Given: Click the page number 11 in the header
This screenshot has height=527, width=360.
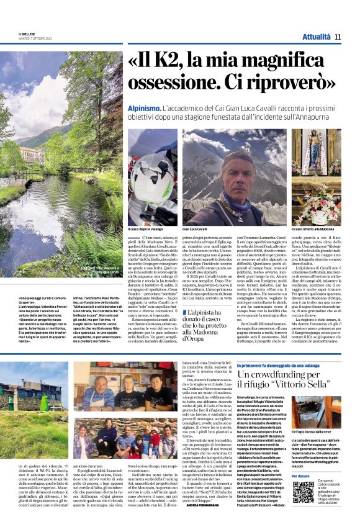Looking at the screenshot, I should click(338, 37).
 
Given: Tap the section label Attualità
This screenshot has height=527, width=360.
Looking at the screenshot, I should click(315, 37).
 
